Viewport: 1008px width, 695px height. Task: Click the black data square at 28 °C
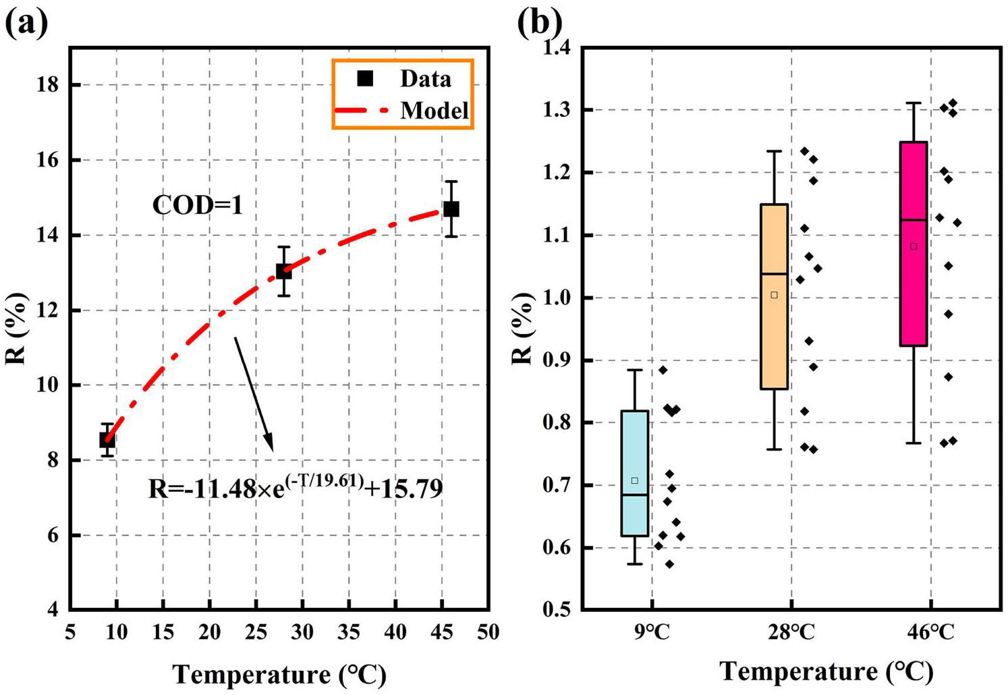pos(284,271)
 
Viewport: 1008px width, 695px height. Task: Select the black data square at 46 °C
pos(451,209)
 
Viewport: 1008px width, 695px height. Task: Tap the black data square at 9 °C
pos(107,440)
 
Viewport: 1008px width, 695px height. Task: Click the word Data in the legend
pos(425,79)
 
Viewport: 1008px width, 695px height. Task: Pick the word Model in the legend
pos(434,110)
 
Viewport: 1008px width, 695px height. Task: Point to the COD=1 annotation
pos(197,205)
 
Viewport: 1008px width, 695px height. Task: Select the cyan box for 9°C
pos(634,473)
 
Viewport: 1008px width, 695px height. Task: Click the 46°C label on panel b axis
pos(931,632)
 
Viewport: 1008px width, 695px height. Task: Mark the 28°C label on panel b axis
pos(791,632)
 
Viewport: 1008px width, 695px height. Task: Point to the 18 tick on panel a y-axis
pos(51,85)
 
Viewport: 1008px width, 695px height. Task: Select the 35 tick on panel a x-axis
pos(348,632)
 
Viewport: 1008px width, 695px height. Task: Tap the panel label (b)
pos(539,23)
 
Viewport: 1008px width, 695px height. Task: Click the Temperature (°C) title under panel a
pos(279,674)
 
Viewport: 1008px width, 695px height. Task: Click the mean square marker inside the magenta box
pos(914,246)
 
